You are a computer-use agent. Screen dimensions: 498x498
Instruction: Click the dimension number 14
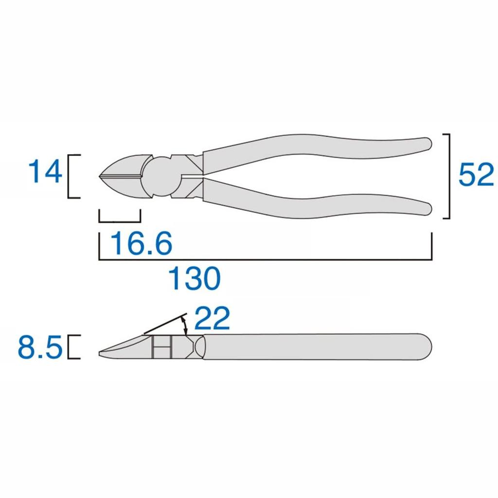point(45,172)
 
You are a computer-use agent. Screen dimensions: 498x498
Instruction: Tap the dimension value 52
point(476,175)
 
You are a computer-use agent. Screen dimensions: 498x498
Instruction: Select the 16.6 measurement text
point(142,243)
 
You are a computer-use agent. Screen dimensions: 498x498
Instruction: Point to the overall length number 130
point(195,278)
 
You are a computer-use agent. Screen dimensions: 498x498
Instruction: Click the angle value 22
point(212,320)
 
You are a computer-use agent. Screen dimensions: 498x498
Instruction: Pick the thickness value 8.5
point(40,348)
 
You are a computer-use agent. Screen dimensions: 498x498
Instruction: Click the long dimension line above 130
point(265,259)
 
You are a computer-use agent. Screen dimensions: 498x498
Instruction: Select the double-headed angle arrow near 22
point(185,325)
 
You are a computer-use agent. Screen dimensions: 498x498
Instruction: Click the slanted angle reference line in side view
point(165,323)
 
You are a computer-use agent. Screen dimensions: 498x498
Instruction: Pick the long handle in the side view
point(316,347)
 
